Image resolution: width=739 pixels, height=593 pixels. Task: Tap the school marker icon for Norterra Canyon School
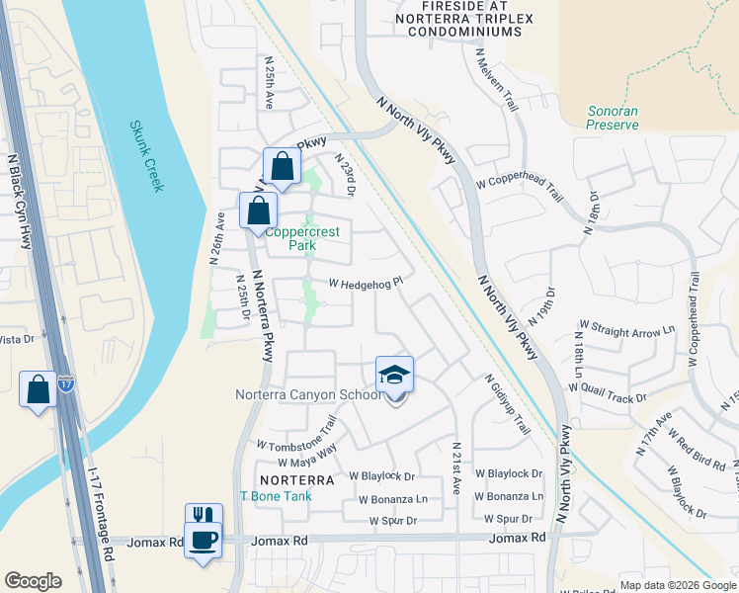click(394, 375)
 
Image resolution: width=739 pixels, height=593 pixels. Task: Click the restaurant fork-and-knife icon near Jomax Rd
click(204, 517)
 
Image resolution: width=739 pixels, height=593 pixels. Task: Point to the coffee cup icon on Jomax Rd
click(204, 541)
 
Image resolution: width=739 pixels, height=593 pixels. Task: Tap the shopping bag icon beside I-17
click(38, 387)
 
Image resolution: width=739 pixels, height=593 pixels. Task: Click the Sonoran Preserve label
click(613, 118)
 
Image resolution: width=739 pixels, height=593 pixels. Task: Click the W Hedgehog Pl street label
click(366, 284)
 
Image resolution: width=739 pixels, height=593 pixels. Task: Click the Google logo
click(33, 581)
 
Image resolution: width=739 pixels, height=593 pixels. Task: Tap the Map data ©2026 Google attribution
click(676, 585)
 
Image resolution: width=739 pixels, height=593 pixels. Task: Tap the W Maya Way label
click(307, 456)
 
